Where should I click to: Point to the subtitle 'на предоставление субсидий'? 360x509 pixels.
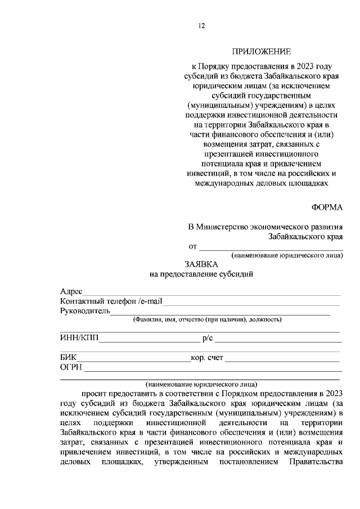click(x=201, y=275)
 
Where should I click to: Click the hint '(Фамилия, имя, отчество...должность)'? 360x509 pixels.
click(x=207, y=320)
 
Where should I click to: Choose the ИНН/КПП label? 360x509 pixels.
click(x=79, y=337)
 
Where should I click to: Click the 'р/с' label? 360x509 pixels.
click(x=207, y=338)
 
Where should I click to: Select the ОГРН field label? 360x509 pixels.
click(x=71, y=367)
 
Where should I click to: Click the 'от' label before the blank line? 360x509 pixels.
click(x=193, y=246)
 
